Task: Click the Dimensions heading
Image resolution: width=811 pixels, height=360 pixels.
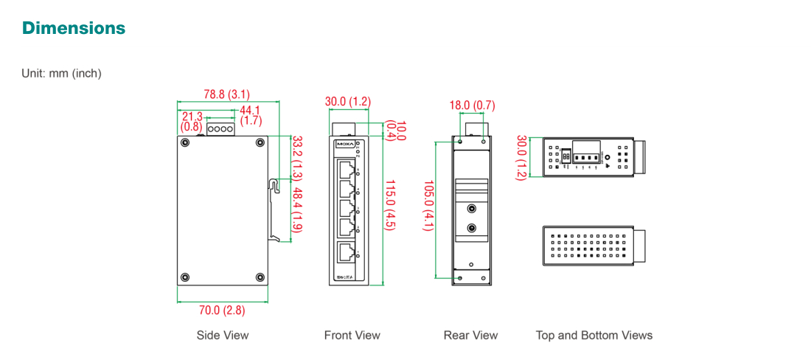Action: [74, 28]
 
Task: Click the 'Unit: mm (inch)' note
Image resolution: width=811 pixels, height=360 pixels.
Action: [62, 73]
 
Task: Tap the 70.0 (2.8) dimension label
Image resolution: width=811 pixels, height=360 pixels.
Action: [223, 310]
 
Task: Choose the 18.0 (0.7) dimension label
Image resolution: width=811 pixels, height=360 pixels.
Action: [472, 105]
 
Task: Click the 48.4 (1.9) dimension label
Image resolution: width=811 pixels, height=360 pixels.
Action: [297, 210]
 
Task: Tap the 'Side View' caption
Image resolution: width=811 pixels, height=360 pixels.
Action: [223, 336]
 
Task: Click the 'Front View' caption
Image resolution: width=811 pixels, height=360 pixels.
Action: [352, 336]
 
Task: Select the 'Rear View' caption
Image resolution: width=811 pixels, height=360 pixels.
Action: [470, 336]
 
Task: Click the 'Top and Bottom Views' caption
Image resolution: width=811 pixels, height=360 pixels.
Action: [594, 336]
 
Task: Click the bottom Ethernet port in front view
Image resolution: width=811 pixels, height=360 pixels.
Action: [345, 253]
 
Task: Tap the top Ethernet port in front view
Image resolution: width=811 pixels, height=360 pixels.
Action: [345, 171]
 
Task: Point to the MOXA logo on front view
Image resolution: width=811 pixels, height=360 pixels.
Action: [344, 144]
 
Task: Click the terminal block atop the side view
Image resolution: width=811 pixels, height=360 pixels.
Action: [220, 129]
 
